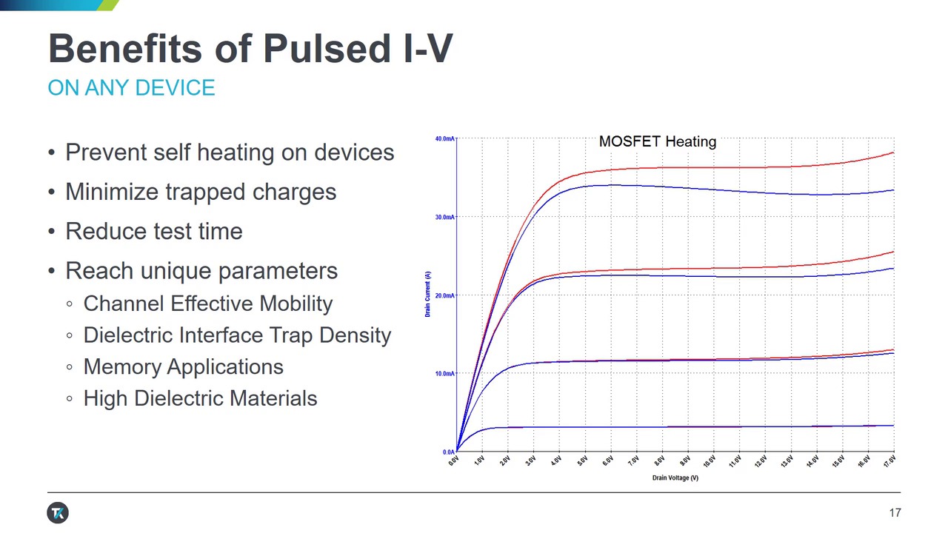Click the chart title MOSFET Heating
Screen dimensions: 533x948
(657, 141)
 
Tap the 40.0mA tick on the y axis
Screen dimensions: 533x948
(444, 139)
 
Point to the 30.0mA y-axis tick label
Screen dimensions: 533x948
(444, 217)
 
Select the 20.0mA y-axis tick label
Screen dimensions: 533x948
(444, 295)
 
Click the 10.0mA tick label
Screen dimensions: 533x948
(444, 374)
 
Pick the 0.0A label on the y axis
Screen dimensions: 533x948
(448, 452)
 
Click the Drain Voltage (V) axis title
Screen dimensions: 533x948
(675, 478)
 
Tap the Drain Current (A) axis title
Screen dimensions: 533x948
(428, 295)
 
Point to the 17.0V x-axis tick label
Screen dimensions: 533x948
(889, 461)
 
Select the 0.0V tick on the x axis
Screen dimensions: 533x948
(453, 461)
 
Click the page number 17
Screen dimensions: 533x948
(895, 513)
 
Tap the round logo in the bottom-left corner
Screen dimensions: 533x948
(58, 513)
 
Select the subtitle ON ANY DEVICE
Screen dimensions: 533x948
(131, 87)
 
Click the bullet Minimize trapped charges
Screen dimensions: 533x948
(201, 192)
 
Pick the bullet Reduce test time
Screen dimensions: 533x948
(154, 231)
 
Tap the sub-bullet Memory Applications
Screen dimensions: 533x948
(183, 366)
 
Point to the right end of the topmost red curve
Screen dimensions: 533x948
(893, 152)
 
